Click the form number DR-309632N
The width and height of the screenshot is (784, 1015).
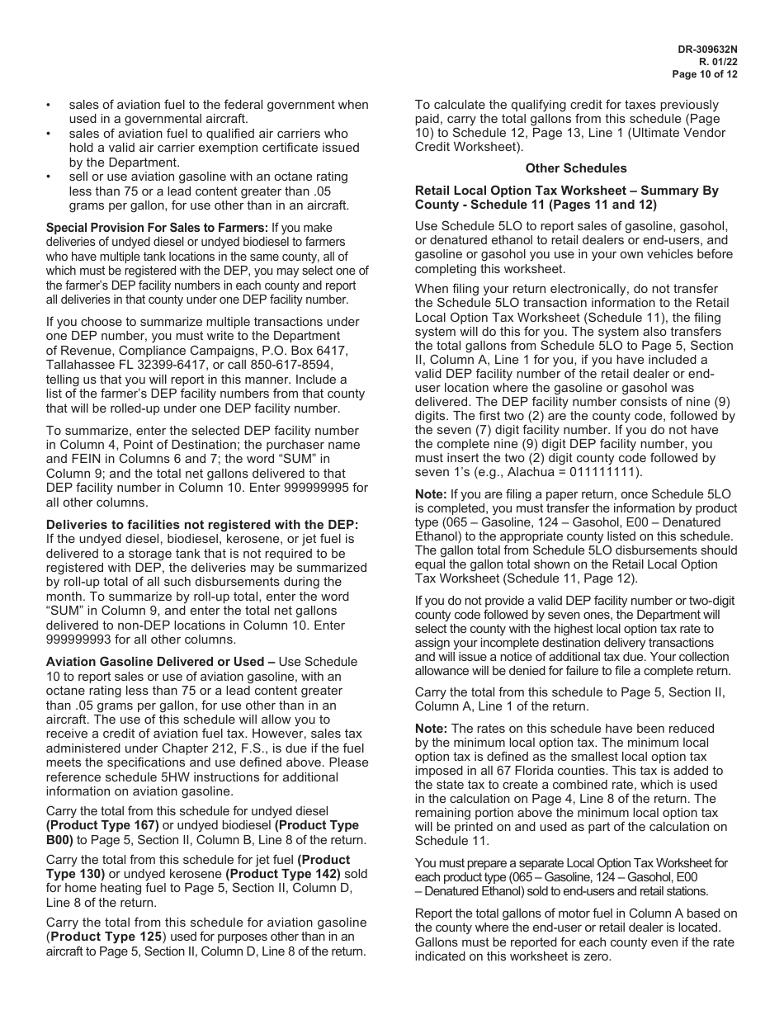[x=706, y=49]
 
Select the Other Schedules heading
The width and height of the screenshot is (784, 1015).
[x=576, y=168]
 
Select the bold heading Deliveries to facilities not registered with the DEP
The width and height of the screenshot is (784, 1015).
[x=202, y=525]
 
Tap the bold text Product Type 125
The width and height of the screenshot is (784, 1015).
[x=106, y=937]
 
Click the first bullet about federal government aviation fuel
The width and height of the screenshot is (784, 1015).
[x=218, y=111]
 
